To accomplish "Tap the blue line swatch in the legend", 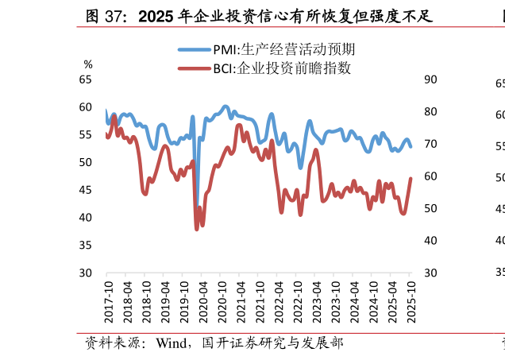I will click(x=194, y=49).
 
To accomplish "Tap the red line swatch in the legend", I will click(x=194, y=68).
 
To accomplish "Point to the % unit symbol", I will click(x=88, y=64).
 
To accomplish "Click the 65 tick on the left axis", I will click(x=85, y=79).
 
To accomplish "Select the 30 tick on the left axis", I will click(x=85, y=273).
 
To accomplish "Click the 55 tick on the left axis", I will click(x=85, y=134).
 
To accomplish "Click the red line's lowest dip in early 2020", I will click(x=197, y=229).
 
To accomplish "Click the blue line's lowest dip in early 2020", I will click(x=197, y=208).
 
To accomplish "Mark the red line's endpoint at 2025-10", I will click(x=411, y=178).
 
